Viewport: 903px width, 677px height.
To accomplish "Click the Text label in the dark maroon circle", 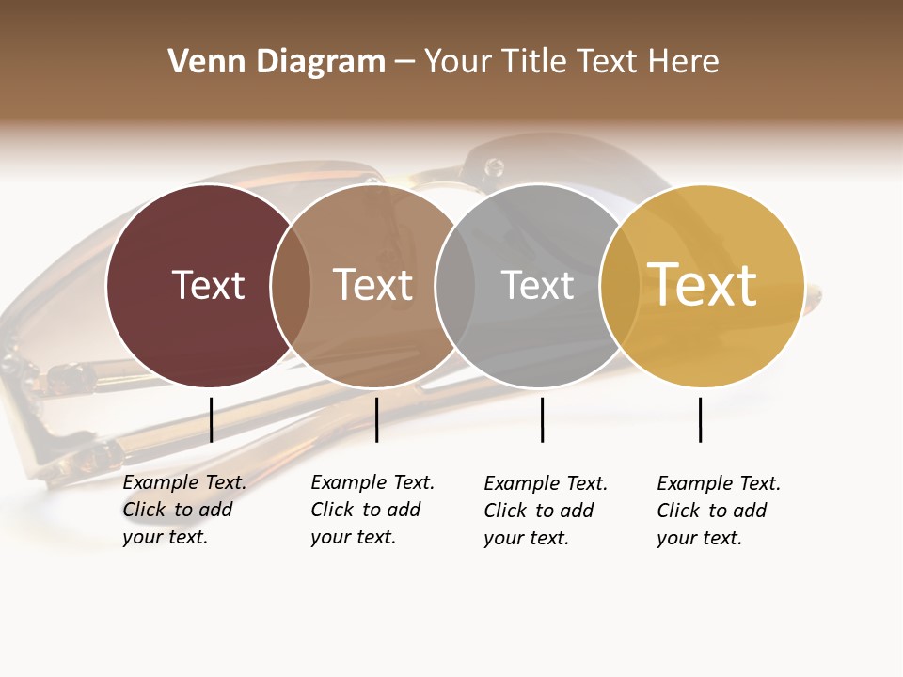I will coord(208,285).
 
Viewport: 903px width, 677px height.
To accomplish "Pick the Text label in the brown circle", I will coord(372,285).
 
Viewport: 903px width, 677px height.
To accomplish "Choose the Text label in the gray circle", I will coord(537,285).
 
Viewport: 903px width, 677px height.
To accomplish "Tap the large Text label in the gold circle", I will coord(702,285).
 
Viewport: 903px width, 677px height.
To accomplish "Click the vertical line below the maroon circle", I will coord(211,419).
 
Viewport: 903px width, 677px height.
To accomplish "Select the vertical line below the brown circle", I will coord(376,419).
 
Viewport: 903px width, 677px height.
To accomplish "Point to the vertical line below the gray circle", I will coord(542,419).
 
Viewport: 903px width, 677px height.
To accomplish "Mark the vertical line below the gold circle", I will coord(700,419).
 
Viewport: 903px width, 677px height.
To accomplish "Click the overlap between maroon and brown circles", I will coord(291,286).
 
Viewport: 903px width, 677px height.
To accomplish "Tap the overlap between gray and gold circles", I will coord(620,286).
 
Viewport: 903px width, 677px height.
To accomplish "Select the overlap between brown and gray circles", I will coord(455,286).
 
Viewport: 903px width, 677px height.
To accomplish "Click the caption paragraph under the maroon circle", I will coord(183,510).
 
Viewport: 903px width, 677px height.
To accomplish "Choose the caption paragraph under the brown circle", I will coord(372,510).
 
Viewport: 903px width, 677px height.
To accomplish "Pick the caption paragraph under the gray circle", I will coord(545,511).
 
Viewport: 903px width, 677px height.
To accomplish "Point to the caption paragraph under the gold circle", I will coord(718,511).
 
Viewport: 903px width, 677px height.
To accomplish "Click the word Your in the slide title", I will coord(459,62).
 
